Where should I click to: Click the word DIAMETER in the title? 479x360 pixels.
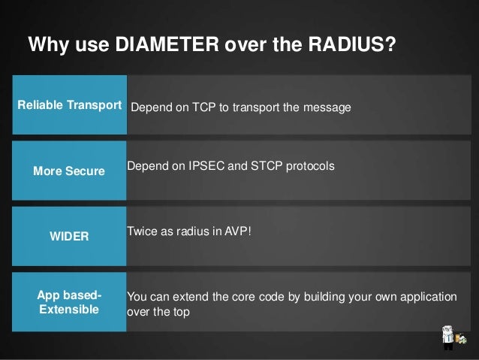tap(161, 45)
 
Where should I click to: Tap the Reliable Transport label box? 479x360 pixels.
tap(69, 105)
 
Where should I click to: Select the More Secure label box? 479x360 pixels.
tap(69, 171)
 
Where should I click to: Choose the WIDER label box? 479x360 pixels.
tap(69, 236)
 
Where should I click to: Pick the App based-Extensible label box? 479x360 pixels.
tap(69, 301)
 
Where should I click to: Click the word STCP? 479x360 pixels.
tap(264, 165)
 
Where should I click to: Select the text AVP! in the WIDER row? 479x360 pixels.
tap(238, 230)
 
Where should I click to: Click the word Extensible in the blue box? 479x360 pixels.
tap(69, 308)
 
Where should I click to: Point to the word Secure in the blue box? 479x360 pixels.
tap(84, 171)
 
